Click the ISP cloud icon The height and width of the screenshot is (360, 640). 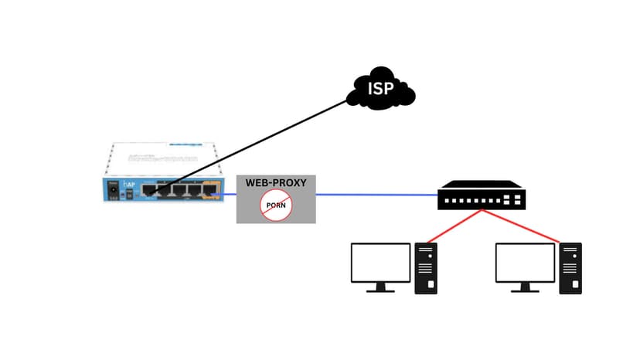[380, 91]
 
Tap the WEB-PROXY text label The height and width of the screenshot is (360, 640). [276, 183]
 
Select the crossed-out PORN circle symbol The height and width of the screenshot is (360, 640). [276, 205]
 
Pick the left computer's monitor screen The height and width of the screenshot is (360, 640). [380, 262]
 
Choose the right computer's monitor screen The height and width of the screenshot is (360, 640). [525, 262]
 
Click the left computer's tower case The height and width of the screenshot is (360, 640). [427, 267]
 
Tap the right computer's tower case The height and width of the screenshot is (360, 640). [570, 267]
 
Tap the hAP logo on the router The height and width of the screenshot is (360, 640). [130, 186]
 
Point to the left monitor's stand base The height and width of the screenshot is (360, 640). [380, 290]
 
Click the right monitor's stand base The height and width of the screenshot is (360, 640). [525, 290]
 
